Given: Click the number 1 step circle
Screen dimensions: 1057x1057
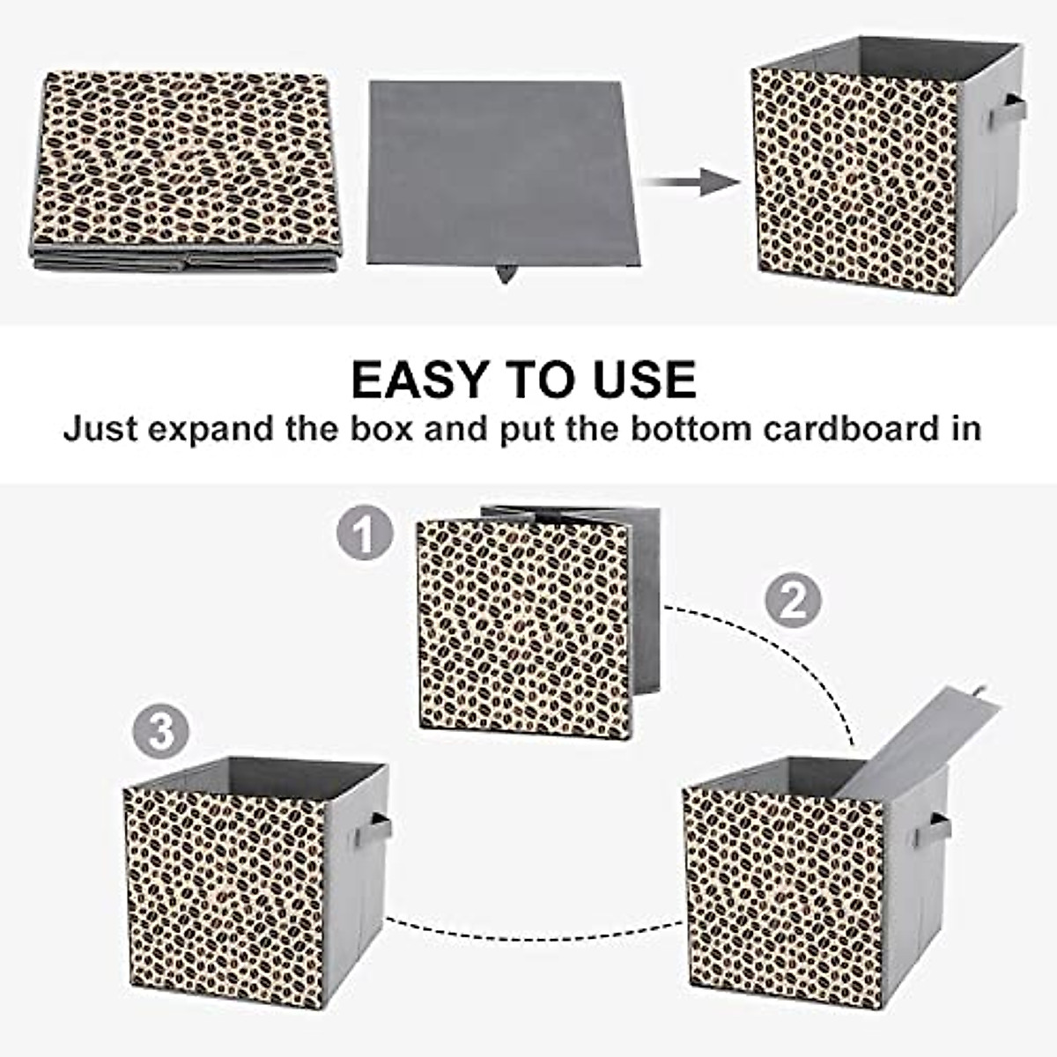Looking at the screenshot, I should click(x=365, y=533).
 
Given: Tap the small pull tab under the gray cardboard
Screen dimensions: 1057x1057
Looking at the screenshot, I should click(x=506, y=275).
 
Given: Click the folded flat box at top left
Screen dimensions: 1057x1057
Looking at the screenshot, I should click(x=185, y=167).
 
